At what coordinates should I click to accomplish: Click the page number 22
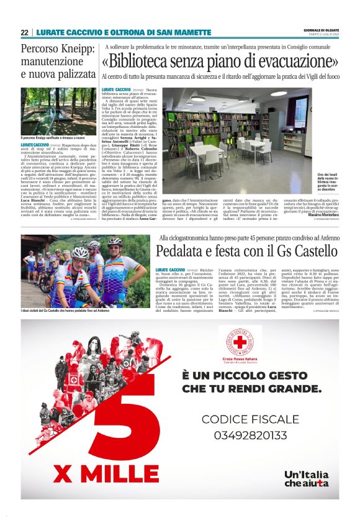click(x=24, y=32)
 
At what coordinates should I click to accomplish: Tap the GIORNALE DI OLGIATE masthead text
click(x=321, y=30)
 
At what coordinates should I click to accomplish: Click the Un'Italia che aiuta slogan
click(x=306, y=478)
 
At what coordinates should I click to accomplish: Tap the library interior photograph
click(x=238, y=132)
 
